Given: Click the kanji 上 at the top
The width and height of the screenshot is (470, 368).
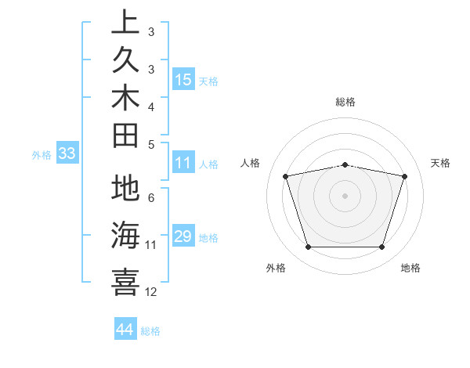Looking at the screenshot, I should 125,23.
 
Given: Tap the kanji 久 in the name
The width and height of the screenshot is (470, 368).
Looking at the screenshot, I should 125,60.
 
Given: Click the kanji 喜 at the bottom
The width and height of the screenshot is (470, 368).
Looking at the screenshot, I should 125,281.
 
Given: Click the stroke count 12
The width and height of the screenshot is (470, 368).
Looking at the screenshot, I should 151,292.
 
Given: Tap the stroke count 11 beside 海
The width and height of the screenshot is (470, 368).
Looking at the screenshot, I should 151,245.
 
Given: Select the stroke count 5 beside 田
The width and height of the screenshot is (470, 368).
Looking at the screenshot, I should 151,144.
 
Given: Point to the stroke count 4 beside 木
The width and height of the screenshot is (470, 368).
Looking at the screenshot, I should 151,106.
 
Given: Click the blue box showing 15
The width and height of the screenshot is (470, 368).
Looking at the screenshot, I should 183,80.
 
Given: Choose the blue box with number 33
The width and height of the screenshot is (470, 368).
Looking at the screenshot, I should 67,154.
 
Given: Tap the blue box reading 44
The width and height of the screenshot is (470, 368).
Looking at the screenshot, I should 125,330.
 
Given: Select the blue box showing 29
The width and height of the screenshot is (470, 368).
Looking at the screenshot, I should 183,236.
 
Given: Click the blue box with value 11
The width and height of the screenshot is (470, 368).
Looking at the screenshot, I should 183,164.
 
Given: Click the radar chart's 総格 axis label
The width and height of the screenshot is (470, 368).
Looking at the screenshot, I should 345,102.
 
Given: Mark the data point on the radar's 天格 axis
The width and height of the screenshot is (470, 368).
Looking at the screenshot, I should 405,176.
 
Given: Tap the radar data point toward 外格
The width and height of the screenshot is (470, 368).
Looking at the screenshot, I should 308,247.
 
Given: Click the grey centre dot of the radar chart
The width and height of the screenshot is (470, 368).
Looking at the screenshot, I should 345,196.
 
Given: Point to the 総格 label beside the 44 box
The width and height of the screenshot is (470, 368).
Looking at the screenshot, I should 150,331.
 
